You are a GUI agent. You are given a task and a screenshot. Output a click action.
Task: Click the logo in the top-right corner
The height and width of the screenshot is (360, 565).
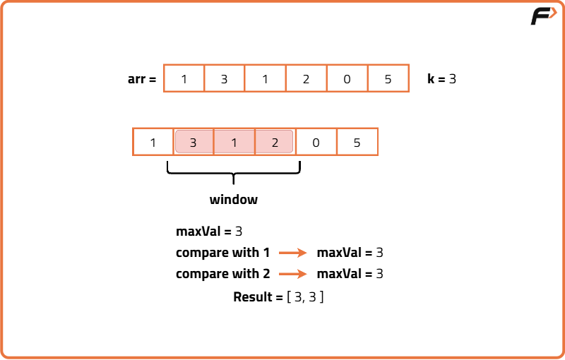pos(543,16)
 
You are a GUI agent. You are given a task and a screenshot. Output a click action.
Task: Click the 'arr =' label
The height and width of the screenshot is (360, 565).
pos(141,79)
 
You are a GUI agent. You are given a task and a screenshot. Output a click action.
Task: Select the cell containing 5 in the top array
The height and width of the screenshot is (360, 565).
pos(388,78)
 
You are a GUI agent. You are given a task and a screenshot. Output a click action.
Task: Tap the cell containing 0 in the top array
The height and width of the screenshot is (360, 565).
pos(347,78)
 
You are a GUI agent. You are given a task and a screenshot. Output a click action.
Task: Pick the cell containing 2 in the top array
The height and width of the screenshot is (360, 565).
pos(306,78)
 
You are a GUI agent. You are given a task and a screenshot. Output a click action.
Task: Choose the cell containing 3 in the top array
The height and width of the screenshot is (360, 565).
pos(224,78)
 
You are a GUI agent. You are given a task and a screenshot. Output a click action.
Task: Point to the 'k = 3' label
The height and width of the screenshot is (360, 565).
pos(441,79)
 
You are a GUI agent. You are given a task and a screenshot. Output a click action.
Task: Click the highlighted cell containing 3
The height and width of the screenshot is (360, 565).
pos(194,142)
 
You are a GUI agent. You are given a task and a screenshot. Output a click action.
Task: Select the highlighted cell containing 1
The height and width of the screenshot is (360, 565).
pos(234,142)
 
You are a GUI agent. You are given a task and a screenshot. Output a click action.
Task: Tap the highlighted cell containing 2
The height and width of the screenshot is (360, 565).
pos(275,142)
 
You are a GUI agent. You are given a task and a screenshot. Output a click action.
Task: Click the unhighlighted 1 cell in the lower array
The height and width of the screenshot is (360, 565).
pos(153,142)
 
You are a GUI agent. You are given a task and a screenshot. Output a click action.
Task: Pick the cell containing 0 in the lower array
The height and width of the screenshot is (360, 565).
pos(316,142)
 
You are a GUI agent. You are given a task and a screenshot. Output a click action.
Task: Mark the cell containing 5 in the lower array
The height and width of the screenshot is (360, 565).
pos(357,142)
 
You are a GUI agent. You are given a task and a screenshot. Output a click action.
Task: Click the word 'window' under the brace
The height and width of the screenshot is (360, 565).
pos(233,200)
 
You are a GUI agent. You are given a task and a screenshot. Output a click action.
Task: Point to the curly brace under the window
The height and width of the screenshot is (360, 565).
pos(233,172)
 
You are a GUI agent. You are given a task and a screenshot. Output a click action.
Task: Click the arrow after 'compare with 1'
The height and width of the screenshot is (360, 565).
pos(293,253)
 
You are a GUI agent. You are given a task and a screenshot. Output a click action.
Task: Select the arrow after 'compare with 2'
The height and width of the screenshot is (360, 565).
pos(293,275)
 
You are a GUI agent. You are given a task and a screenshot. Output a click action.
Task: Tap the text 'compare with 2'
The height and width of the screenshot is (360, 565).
pos(222,274)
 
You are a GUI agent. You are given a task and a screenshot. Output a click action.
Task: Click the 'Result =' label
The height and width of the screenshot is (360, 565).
pos(258,297)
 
